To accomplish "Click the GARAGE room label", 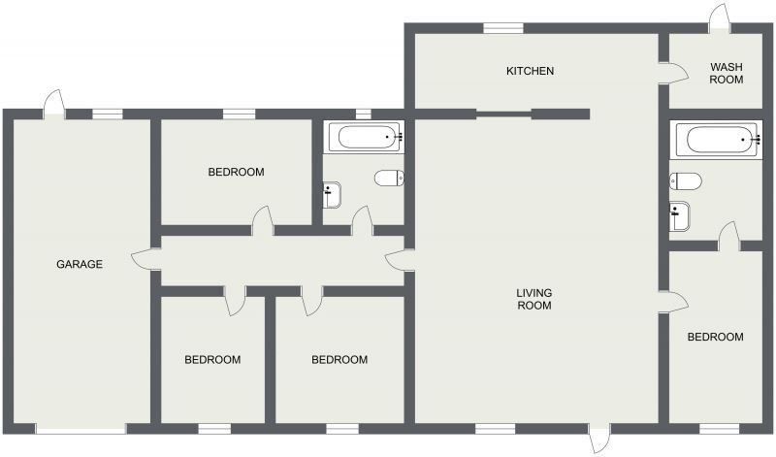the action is click(80, 264).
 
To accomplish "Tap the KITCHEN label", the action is click(530, 71).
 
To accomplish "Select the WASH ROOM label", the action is click(726, 73).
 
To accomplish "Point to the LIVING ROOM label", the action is click(534, 299).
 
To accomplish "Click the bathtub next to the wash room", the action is click(717, 140).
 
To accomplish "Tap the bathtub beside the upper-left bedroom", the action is click(368, 137).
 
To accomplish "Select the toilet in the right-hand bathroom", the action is click(686, 181).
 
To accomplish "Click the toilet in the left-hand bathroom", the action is click(390, 178).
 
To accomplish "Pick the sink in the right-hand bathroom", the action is click(679, 216).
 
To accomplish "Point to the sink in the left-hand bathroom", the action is click(332, 195).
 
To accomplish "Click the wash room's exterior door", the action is click(720, 19).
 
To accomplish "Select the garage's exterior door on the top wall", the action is click(54, 105).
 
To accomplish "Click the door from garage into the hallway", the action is click(146, 259).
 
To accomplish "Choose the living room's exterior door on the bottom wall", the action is click(599, 438).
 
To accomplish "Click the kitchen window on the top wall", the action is click(503, 28).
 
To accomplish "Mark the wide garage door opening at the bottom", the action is click(81, 429).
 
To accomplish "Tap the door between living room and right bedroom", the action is click(673, 302).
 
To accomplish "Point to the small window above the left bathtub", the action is click(363, 114).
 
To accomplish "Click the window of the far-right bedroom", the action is click(716, 429).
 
